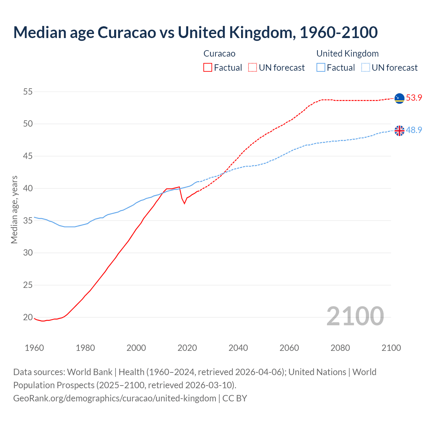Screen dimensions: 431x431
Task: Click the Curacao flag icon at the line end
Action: click(399, 98)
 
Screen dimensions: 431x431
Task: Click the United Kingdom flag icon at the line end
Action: click(399, 130)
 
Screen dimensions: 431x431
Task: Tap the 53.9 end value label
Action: click(414, 98)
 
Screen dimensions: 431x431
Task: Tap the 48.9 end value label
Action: click(414, 130)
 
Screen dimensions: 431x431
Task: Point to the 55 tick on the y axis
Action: click(28, 92)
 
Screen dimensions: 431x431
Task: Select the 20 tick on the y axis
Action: click(28, 317)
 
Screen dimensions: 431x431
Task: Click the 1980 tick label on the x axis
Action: click(85, 348)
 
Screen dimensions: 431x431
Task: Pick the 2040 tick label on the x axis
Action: click(238, 348)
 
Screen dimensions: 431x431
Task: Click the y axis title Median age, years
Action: click(14, 209)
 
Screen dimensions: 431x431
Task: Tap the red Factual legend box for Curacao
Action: click(208, 68)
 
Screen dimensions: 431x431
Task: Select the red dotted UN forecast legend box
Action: click(253, 68)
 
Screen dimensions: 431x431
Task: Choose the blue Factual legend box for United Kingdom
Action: click(321, 68)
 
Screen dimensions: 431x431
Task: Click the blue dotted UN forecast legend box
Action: click(366, 68)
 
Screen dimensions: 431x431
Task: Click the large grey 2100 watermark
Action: click(355, 316)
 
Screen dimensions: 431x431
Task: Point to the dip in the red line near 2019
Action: click(184, 203)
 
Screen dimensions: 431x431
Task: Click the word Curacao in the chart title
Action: click(127, 32)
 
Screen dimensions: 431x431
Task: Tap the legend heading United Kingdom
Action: click(347, 54)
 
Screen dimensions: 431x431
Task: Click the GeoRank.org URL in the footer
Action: click(114, 398)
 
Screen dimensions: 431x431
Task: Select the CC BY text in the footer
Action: click(235, 398)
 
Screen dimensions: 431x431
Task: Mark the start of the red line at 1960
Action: click(34, 318)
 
